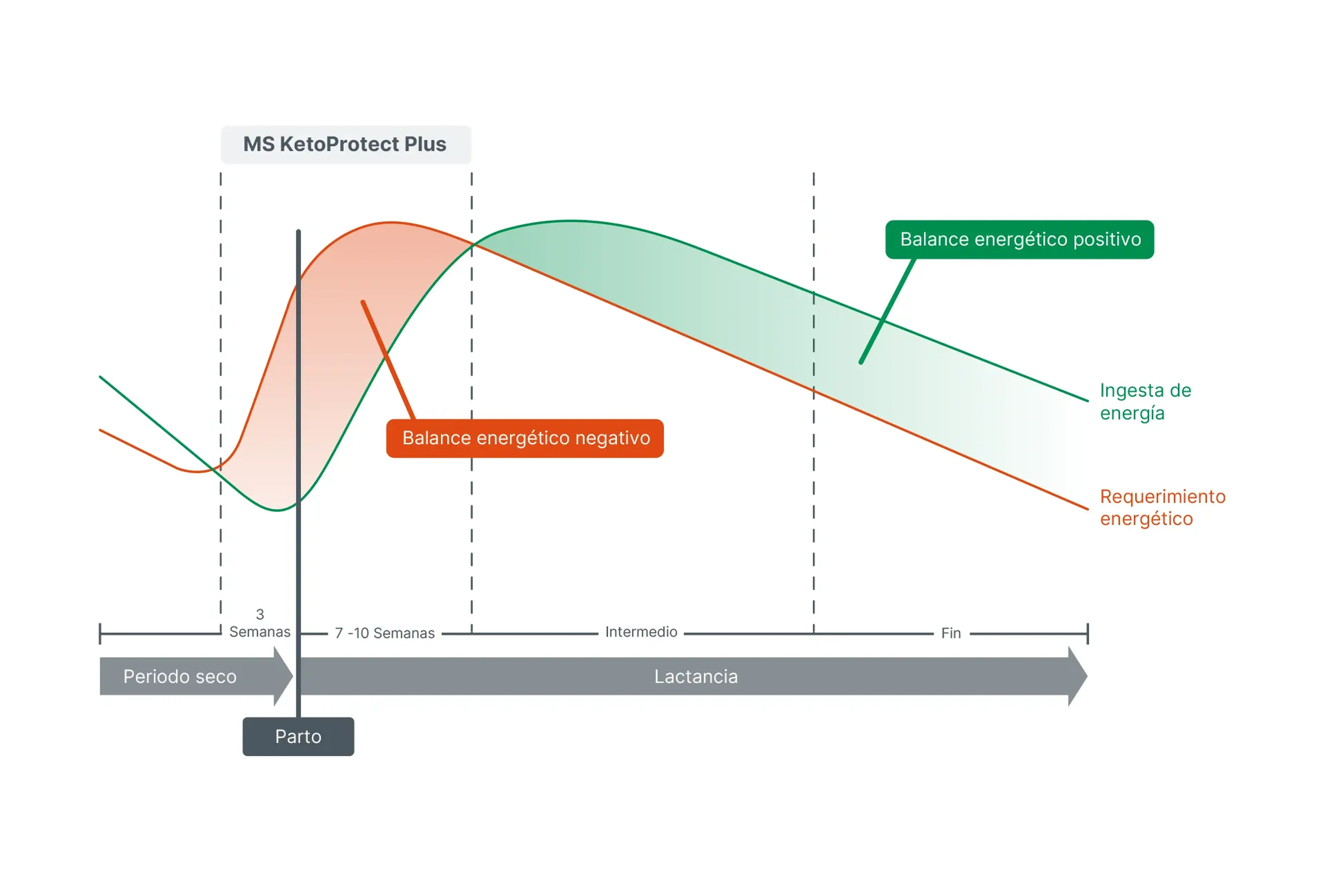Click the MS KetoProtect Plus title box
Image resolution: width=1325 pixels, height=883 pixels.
pyautogui.click(x=346, y=145)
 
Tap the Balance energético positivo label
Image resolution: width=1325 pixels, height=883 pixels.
pyautogui.click(x=1020, y=239)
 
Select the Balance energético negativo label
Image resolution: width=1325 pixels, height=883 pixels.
pyautogui.click(x=525, y=438)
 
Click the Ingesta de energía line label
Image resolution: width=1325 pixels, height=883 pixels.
pyautogui.click(x=1145, y=401)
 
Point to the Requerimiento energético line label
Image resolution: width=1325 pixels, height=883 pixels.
pyautogui.click(x=1162, y=507)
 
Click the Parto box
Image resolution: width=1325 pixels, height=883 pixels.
pyautogui.click(x=298, y=737)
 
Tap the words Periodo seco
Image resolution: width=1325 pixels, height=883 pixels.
pyautogui.click(x=180, y=676)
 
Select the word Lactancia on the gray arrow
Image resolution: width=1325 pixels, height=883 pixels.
pyautogui.click(x=696, y=676)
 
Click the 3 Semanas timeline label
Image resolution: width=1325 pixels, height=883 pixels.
pyautogui.click(x=260, y=623)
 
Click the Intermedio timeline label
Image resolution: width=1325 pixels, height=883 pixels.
pyautogui.click(x=641, y=632)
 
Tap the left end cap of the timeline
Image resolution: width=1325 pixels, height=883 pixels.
pyautogui.click(x=100, y=634)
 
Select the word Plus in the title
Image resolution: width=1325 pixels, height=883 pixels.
pyautogui.click(x=425, y=145)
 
